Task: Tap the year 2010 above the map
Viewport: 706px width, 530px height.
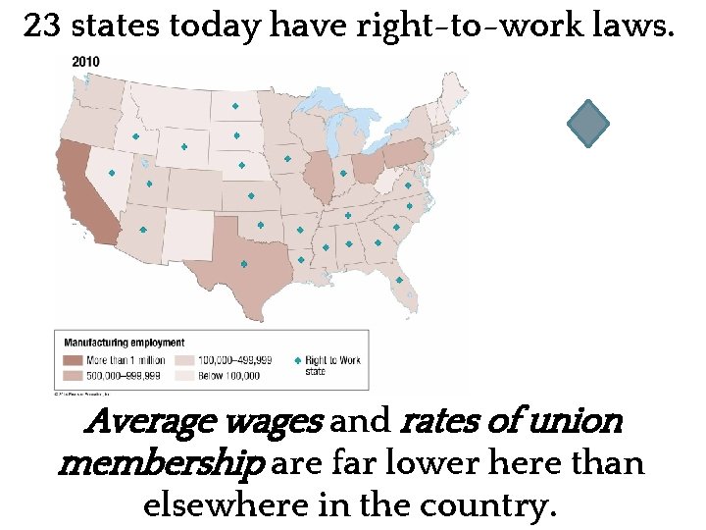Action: tap(86, 62)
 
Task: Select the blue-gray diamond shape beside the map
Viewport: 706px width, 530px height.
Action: tap(588, 125)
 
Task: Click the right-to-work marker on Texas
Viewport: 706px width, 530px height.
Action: tap(243, 264)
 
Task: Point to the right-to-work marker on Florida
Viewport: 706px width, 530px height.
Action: tap(398, 280)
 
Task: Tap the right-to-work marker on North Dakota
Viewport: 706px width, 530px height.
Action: tap(235, 105)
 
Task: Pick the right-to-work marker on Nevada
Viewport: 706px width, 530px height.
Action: tap(112, 173)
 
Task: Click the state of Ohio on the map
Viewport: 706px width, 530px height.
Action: tap(367, 169)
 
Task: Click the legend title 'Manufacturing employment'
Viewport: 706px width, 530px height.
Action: tap(124, 343)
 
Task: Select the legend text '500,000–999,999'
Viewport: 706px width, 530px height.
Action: tap(131, 375)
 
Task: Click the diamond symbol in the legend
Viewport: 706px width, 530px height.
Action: tap(298, 361)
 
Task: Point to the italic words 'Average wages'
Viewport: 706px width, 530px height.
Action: tap(206, 423)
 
